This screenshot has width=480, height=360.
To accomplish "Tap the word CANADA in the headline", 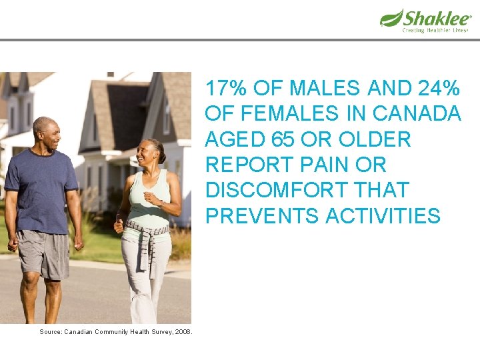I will [x=417, y=114].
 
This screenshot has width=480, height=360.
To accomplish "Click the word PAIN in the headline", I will [x=308, y=165].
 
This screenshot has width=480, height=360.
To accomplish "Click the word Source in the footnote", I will [x=50, y=331].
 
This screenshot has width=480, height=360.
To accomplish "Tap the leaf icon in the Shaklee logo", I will [x=391, y=17].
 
